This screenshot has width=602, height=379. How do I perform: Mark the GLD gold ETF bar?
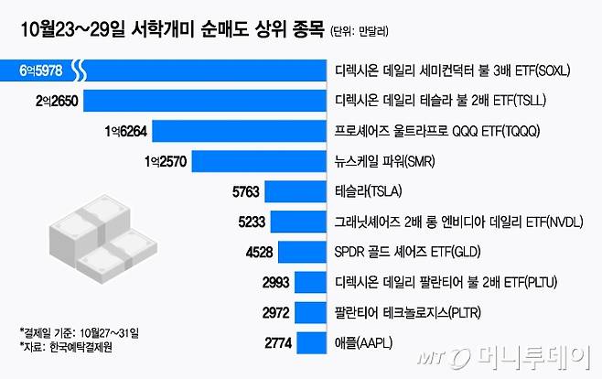[x=304, y=251]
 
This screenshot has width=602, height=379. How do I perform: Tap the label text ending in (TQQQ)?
[x=434, y=131]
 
